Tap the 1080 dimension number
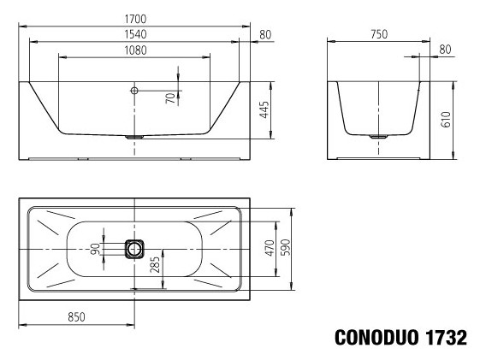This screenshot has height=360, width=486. coord(134,50)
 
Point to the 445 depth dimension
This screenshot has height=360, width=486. coord(264,110)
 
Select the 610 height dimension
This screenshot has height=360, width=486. coord(445,120)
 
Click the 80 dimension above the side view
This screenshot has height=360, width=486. coord(445,50)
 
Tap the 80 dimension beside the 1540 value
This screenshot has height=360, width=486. coord(264,35)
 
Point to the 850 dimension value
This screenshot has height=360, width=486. coord(76,317)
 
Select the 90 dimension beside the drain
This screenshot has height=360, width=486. coord(97,249)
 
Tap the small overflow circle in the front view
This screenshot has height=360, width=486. coord(134,90)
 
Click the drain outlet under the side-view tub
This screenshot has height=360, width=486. coord(377,135)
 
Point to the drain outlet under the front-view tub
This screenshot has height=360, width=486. coord(134,136)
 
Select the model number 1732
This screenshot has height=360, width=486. coord(443,337)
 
